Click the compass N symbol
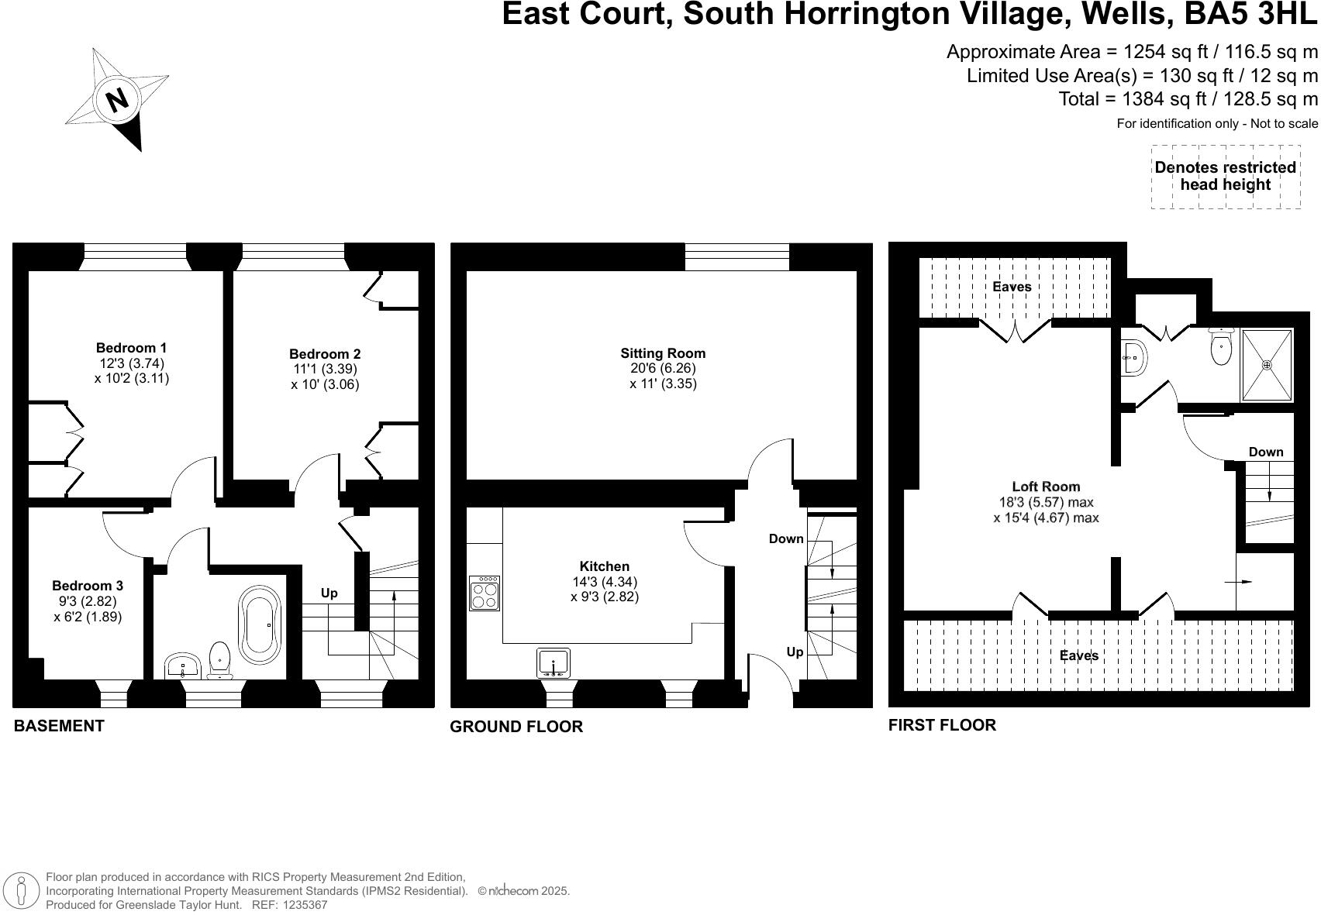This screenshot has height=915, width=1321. pyautogui.click(x=117, y=100)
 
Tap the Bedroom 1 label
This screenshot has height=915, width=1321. pyautogui.click(x=131, y=348)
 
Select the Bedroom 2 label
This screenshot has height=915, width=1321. pyautogui.click(x=325, y=354)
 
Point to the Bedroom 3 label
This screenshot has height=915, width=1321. pyautogui.click(x=88, y=586)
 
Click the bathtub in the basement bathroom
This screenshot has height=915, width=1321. pyautogui.click(x=260, y=624)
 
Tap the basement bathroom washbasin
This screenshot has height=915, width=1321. pyautogui.click(x=183, y=666)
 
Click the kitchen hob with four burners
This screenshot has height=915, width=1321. pyautogui.click(x=485, y=593)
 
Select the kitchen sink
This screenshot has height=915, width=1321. pyautogui.click(x=554, y=663)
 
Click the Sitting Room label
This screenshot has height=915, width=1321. pyautogui.click(x=663, y=353)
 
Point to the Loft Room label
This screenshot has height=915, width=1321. pyautogui.click(x=1046, y=487)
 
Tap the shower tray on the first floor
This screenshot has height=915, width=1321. pyautogui.click(x=1268, y=365)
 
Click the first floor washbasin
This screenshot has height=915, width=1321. pyautogui.click(x=1133, y=357)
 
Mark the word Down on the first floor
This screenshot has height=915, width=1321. pyautogui.click(x=1265, y=452)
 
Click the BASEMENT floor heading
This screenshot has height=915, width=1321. pyautogui.click(x=59, y=726)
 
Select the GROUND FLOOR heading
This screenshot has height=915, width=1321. pyautogui.click(x=516, y=727)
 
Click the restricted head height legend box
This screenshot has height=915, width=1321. pyautogui.click(x=1225, y=177)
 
